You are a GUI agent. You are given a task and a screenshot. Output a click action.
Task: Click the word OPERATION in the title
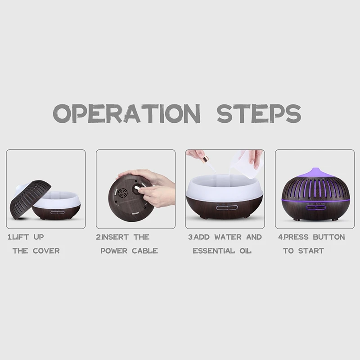pos(126,113)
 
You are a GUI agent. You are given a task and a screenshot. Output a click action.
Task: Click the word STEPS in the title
pos(259,113)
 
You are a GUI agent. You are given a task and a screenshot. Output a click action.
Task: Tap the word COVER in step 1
pos(46,251)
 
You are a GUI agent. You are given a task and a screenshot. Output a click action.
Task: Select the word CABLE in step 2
pos(144,251)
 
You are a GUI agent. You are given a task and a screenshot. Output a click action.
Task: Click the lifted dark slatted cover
pos(30,198)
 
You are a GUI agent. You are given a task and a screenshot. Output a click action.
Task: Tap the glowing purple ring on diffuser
pos(315,199)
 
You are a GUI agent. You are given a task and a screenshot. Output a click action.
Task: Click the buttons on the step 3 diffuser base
pos(226,208)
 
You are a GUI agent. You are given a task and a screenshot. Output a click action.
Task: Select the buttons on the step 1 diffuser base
pos(57,212)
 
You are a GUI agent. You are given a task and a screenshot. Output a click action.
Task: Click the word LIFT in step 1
pos(27,237)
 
